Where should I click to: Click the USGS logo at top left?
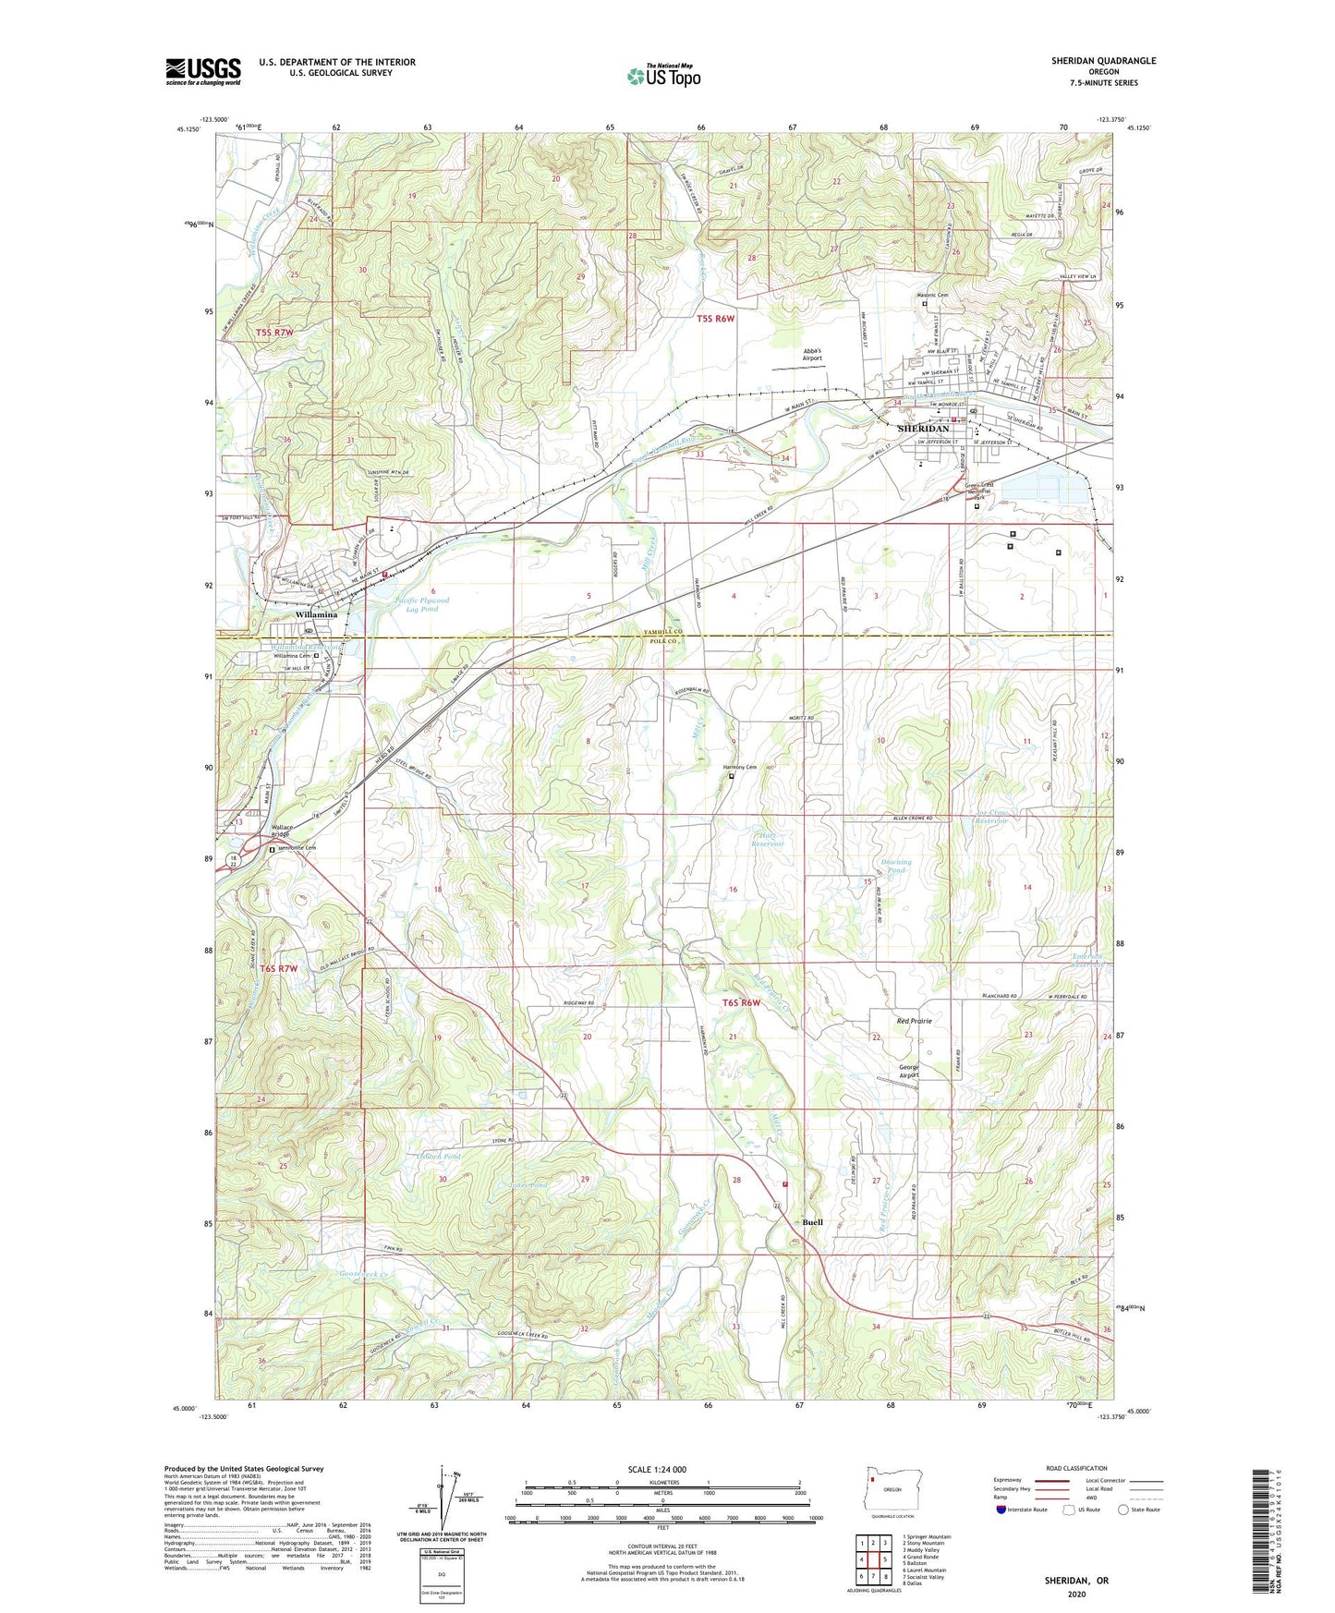[x=202, y=70]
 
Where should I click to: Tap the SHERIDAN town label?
[x=923, y=429]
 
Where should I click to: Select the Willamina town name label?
[x=316, y=614]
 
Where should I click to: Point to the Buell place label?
[x=812, y=1222]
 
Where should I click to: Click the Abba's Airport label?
[x=812, y=354]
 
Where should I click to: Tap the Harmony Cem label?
[x=739, y=767]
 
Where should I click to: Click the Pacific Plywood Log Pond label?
[x=422, y=604]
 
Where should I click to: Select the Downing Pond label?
[x=891, y=866]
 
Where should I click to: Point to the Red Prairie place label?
[x=914, y=1021]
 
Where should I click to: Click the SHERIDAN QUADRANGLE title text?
[x=1103, y=61]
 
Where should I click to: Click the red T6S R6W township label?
[x=741, y=1003]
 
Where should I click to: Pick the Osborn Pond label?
[x=440, y=1156]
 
